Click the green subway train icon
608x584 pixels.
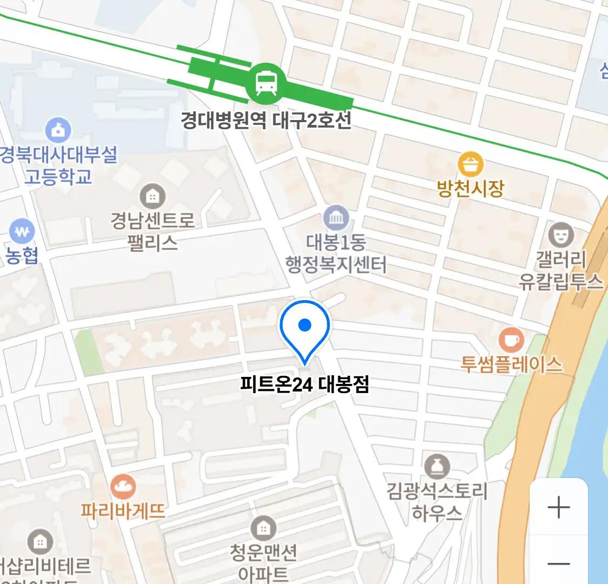tap(265, 83)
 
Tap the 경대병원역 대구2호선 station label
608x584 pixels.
tap(266, 120)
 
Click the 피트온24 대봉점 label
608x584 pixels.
tap(305, 384)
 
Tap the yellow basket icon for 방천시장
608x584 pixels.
tap(470, 164)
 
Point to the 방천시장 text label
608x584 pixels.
tap(470, 188)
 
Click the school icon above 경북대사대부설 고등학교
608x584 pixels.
tap(58, 130)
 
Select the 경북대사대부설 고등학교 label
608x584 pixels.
tap(58, 165)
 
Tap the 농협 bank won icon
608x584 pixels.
tap(22, 233)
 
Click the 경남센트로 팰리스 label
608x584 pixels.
tap(152, 231)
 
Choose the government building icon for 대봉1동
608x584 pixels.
tap(336, 218)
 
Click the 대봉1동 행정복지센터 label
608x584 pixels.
tap(336, 253)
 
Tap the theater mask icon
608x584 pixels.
tap(560, 234)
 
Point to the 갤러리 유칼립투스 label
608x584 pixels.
tap(560, 270)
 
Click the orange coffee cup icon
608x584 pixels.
tap(511, 341)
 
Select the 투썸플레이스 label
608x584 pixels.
tap(511, 364)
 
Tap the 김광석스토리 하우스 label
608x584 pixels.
tap(437, 501)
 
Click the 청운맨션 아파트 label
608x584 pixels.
tap(264, 562)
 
